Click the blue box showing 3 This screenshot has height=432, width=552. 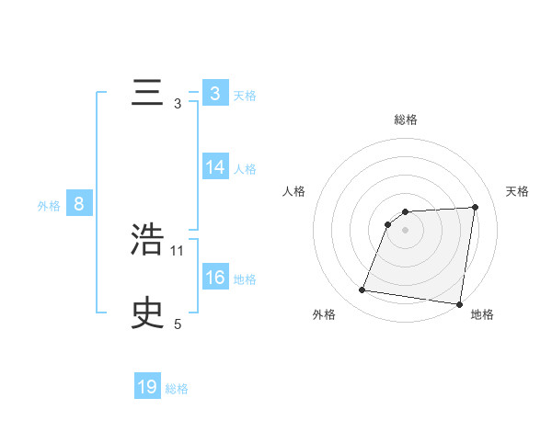point(214,94)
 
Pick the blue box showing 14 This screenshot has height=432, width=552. point(215,167)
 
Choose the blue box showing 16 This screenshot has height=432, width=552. point(215,278)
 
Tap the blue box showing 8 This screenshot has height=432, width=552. point(79,204)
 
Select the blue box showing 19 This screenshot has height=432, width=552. point(147,387)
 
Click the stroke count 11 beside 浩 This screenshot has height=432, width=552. point(178,250)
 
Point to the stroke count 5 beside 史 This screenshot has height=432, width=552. point(178,324)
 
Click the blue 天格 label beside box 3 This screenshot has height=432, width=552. point(245,96)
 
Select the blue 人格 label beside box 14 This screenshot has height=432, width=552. point(245,169)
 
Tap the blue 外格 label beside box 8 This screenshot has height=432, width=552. point(49,206)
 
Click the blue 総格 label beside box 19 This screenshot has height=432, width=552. point(177,389)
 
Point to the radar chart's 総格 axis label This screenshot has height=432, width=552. point(406,119)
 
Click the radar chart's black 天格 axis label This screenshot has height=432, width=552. point(517,191)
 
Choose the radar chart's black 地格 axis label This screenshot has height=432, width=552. point(482,314)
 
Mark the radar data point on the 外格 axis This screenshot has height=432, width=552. point(362,290)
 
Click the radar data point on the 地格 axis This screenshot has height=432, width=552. point(459,304)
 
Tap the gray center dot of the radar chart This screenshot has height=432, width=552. point(406,230)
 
